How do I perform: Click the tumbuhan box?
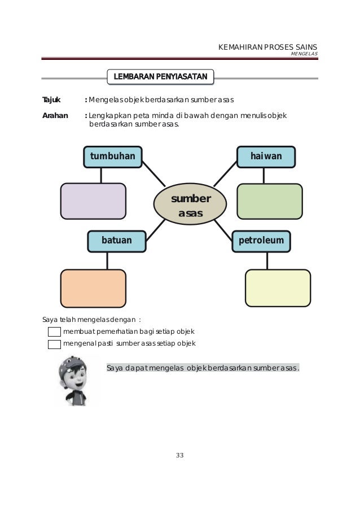click(x=113, y=156)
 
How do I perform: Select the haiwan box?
click(x=266, y=156)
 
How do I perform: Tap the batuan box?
click(x=116, y=241)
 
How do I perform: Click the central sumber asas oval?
click(x=190, y=206)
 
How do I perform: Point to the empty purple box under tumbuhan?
click(x=93, y=201)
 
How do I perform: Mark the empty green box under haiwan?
click(x=269, y=201)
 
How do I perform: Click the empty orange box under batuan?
click(x=93, y=288)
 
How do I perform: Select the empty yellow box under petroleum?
click(x=278, y=288)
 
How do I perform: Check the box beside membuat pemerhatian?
click(x=54, y=332)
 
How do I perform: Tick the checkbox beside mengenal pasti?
click(x=54, y=343)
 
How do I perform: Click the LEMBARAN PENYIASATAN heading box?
click(x=160, y=76)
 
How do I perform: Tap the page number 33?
click(x=180, y=456)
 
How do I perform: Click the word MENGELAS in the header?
click(x=304, y=54)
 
